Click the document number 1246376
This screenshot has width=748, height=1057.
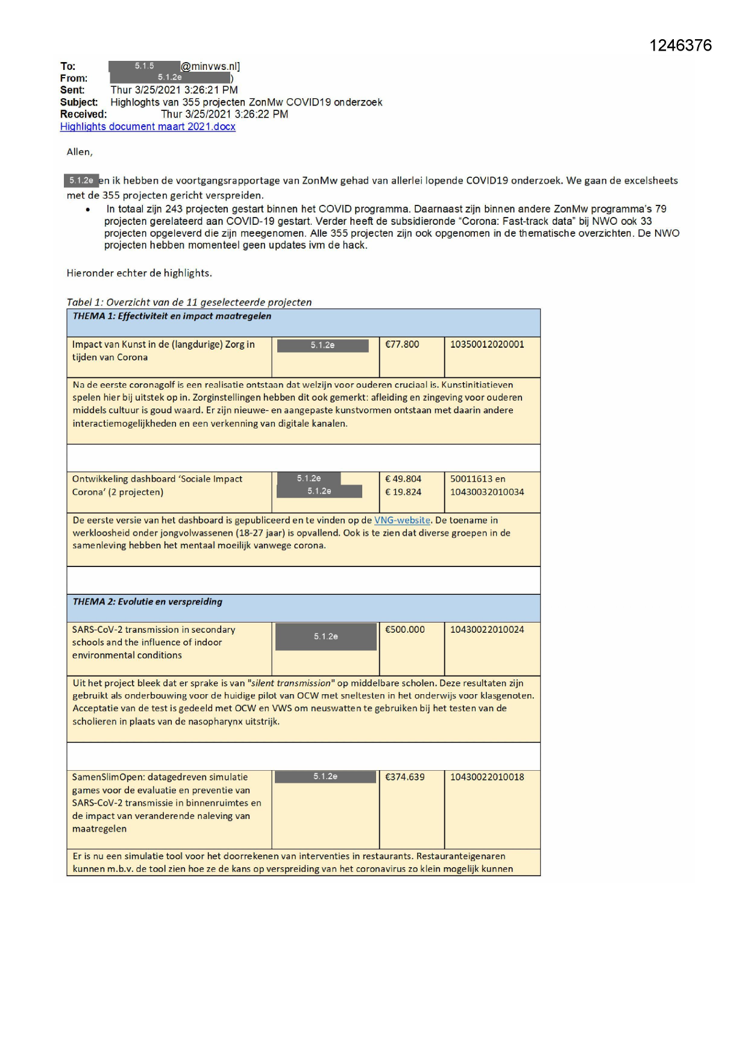(x=680, y=46)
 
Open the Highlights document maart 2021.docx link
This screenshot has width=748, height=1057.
(x=148, y=127)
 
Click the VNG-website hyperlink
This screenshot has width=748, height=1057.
(x=402, y=520)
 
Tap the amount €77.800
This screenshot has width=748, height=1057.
(x=402, y=345)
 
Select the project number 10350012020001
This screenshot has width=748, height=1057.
(x=487, y=345)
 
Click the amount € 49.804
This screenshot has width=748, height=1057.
(x=403, y=479)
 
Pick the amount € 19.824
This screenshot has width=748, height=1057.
(x=403, y=492)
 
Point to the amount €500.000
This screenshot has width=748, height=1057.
(x=405, y=630)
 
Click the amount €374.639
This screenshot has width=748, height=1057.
(x=405, y=777)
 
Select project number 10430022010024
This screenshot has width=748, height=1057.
(x=487, y=630)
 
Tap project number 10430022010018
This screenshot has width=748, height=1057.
(x=487, y=777)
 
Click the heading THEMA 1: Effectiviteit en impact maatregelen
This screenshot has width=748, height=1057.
(x=172, y=316)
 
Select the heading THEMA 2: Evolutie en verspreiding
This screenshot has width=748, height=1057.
(x=148, y=602)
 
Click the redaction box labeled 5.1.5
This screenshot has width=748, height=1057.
(x=144, y=66)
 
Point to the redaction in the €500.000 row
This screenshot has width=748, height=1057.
(x=326, y=636)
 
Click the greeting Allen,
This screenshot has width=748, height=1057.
(x=80, y=152)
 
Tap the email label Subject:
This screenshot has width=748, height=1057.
(x=79, y=102)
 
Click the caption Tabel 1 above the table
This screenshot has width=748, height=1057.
(x=189, y=303)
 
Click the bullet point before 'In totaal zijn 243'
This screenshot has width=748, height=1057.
(x=88, y=210)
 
